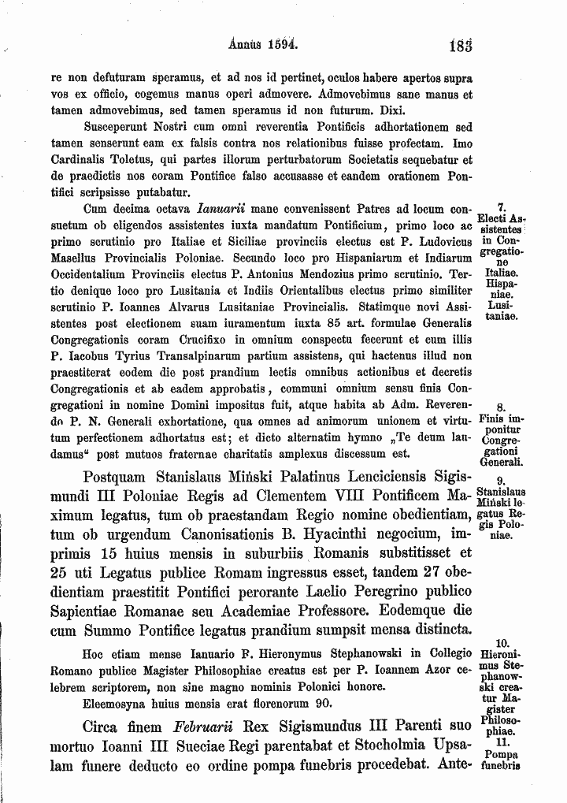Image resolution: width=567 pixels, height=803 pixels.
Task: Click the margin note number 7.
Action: point(502,209)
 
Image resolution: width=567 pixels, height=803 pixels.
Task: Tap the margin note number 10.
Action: point(503,643)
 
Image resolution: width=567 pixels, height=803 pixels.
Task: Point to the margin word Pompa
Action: point(503,753)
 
